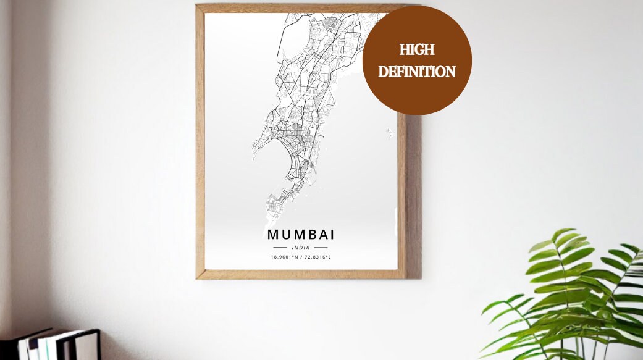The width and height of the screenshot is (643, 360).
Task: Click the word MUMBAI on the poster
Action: (301, 235)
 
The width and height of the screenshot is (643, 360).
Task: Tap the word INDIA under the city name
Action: (301, 248)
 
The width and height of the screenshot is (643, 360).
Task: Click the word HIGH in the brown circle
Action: (417, 50)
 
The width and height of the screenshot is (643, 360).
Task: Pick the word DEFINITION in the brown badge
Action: (417, 72)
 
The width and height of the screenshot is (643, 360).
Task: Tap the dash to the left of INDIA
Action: (280, 248)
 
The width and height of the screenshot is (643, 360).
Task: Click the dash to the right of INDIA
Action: (321, 248)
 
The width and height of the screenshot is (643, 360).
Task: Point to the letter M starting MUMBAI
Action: (273, 235)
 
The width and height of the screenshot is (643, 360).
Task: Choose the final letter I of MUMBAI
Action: (332, 235)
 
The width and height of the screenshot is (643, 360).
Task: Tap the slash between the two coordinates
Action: (301, 257)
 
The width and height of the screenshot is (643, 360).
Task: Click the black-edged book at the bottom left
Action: (86, 344)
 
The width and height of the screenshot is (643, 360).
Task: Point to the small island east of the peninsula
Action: (389, 132)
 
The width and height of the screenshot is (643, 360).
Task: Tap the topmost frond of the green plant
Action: (563, 235)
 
